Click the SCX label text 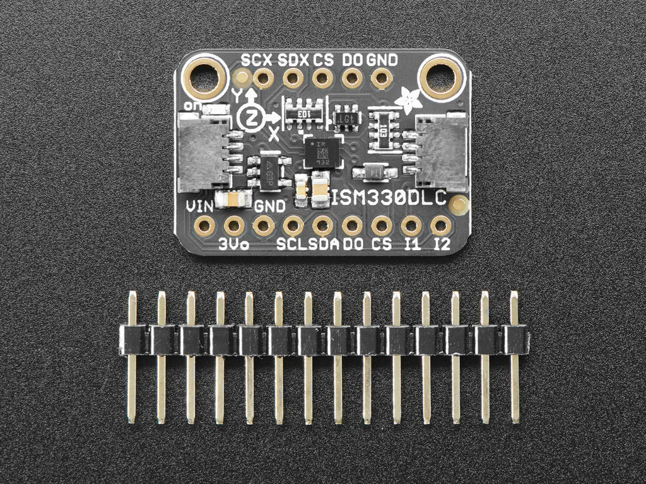(x=257, y=60)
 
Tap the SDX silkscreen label (x=293, y=60)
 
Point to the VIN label (x=199, y=207)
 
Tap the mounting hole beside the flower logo (x=440, y=78)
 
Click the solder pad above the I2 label (x=440, y=225)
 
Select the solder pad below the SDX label (x=293, y=78)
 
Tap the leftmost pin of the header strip (x=132, y=356)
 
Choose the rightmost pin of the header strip (x=515, y=356)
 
